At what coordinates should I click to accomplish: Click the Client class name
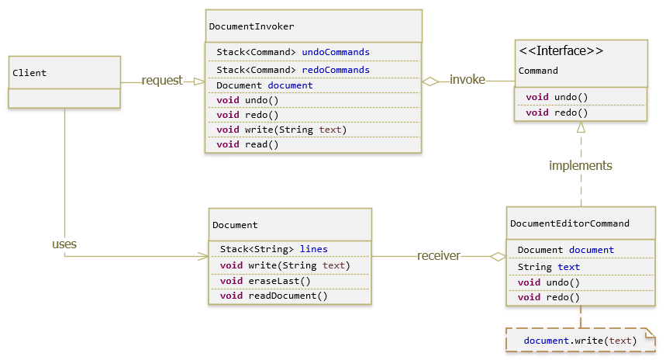pyautogui.click(x=29, y=73)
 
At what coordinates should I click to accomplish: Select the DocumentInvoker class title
pyautogui.click(x=240, y=26)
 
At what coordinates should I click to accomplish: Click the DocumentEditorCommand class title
pyautogui.click(x=569, y=223)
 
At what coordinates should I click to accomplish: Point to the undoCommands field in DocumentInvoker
pyautogui.click(x=292, y=52)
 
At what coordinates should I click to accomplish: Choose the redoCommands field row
pyautogui.click(x=292, y=70)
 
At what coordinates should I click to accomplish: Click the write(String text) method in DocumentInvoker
pyautogui.click(x=281, y=130)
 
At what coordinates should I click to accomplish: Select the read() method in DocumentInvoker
pyautogui.click(x=247, y=144)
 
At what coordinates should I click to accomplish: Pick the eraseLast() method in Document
pyautogui.click(x=265, y=281)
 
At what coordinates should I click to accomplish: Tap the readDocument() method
pyautogui.click(x=274, y=296)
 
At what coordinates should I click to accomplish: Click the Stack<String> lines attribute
pyautogui.click(x=274, y=249)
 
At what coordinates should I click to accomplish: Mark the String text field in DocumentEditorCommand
pyautogui.click(x=548, y=267)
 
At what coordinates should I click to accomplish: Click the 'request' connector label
pyautogui.click(x=162, y=81)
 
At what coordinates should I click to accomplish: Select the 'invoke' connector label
pyautogui.click(x=468, y=80)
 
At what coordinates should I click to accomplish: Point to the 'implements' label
pyautogui.click(x=580, y=165)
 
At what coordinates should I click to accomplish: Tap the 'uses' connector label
pyautogui.click(x=64, y=244)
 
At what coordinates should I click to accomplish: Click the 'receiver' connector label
pyautogui.click(x=439, y=256)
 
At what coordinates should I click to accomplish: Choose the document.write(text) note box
pyautogui.click(x=580, y=341)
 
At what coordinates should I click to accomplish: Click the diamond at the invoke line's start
pyautogui.click(x=430, y=81)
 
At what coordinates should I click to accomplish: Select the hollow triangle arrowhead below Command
pyautogui.click(x=581, y=128)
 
